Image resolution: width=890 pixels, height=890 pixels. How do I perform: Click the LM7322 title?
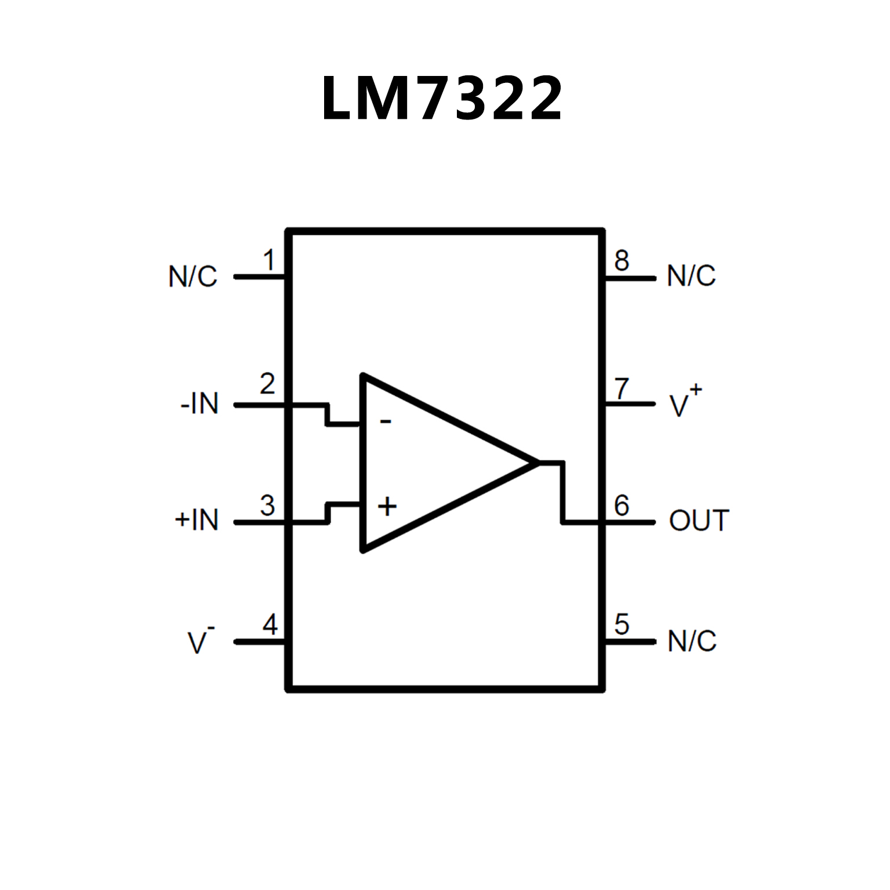pos(442,99)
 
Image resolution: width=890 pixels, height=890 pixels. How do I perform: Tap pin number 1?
pos(268,260)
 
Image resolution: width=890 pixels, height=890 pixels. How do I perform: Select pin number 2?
pos(267,384)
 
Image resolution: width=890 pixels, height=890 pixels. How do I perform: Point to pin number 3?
pos(267,506)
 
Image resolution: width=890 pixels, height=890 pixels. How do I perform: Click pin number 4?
pos(270,625)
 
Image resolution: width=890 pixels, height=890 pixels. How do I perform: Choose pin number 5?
pos(622,624)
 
